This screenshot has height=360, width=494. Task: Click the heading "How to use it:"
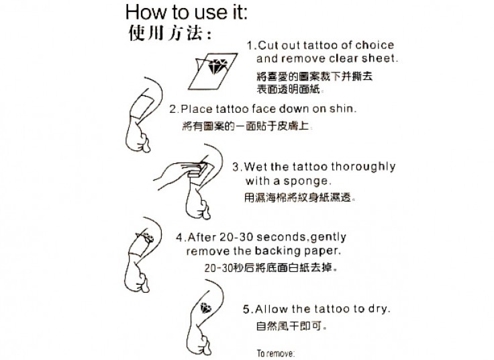point(186,12)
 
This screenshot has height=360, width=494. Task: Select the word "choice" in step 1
point(375,46)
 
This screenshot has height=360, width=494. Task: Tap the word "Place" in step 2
point(197,109)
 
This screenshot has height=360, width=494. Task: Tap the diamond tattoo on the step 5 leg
point(206,308)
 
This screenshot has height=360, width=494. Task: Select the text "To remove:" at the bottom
point(276,353)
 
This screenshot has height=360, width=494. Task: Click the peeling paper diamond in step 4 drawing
point(146,237)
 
